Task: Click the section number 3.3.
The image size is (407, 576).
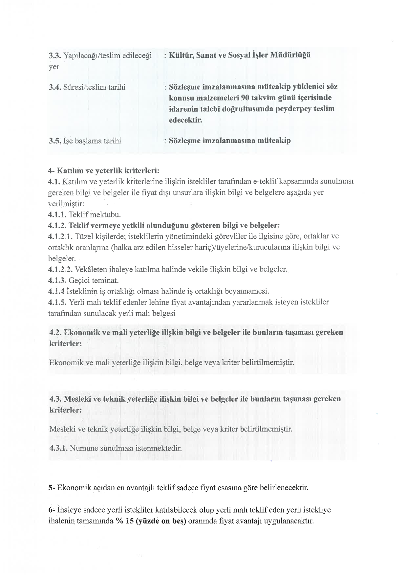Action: pos(54,55)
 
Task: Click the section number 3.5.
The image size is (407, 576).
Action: pos(54,141)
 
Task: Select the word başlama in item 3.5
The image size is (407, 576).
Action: pos(88,141)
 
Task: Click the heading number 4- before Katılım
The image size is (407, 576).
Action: pos(51,171)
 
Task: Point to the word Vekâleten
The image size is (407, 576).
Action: pos(90,270)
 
